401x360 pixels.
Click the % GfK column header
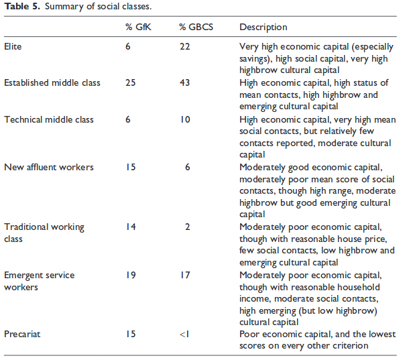tap(138, 27)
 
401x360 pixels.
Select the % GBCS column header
tap(196, 27)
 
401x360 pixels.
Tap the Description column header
tap(263, 27)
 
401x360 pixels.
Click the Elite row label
tap(13, 46)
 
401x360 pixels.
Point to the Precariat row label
tap(22, 334)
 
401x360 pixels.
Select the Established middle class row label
tap(52, 83)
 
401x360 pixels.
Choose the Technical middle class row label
tap(49, 119)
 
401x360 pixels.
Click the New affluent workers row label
tap(49, 167)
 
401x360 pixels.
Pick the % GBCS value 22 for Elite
tap(184, 46)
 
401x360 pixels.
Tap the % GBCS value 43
tap(184, 83)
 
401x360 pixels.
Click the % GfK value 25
tap(131, 83)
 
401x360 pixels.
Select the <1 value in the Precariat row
tap(184, 334)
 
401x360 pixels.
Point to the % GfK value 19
tap(131, 275)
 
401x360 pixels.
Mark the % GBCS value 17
tap(184, 275)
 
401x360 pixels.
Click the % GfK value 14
tap(131, 227)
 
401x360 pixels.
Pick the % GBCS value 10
tap(184, 119)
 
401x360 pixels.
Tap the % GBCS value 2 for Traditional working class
tap(188, 227)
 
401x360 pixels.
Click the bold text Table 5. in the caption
tap(22, 7)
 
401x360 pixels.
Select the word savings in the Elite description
tap(253, 59)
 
